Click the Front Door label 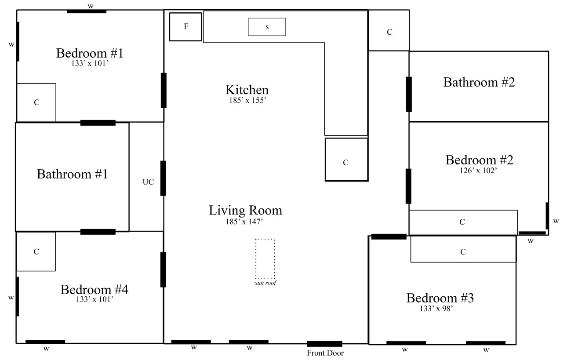click(x=325, y=353)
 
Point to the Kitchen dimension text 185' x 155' click(x=247, y=101)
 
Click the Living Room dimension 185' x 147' click(x=244, y=222)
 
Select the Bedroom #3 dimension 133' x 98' click(x=436, y=309)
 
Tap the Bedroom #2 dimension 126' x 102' click(x=478, y=171)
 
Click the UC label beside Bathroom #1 click(x=148, y=182)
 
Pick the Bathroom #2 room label click(x=479, y=82)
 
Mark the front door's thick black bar click(x=325, y=344)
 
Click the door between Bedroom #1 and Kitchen click(x=164, y=91)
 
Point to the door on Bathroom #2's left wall click(x=409, y=94)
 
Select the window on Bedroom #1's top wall click(x=87, y=11)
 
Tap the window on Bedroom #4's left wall click(x=18, y=296)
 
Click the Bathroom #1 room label click(x=73, y=174)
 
